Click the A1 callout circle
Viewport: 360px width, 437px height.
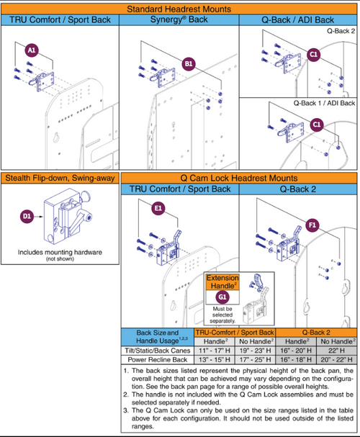click(32, 51)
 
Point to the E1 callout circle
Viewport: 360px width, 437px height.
click(159, 209)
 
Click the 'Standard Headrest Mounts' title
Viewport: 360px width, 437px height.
click(179, 9)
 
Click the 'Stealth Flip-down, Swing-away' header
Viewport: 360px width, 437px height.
click(61, 178)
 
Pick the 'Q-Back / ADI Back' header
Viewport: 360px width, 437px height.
click(297, 19)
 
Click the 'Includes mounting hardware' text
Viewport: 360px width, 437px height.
click(61, 253)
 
